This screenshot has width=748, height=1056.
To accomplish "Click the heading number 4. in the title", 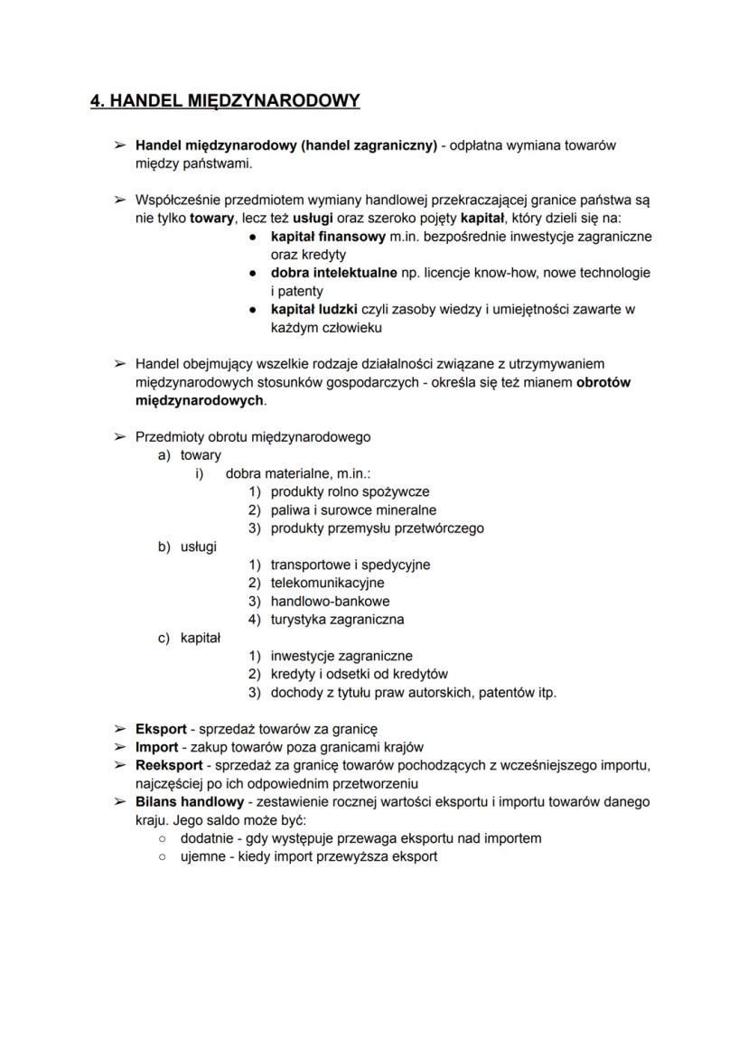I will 98,100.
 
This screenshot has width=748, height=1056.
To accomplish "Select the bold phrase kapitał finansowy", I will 323,237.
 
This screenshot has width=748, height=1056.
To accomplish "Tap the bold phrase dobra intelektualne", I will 333,273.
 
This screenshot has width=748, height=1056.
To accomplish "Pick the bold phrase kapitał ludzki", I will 313,309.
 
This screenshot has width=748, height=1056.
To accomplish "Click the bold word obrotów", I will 603,382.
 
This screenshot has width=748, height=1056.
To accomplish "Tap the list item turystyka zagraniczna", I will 337,620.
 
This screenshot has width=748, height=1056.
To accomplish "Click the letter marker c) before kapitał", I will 164,638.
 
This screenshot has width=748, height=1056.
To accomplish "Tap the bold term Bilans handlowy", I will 190,802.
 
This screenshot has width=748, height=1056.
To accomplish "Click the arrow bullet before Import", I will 119,747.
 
